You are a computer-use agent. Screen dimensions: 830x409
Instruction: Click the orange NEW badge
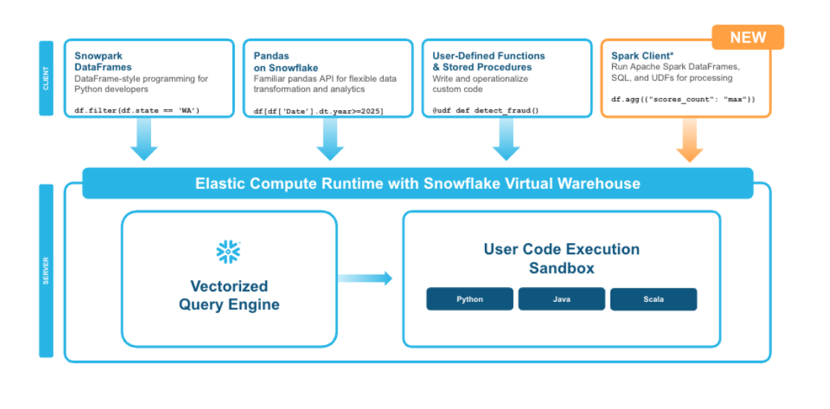[747, 37]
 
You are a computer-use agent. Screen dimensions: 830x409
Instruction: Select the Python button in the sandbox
[469, 299]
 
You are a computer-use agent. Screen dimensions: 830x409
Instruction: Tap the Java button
[561, 299]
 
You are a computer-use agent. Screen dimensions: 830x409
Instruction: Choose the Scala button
[653, 299]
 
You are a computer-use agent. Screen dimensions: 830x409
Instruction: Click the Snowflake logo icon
[228, 252]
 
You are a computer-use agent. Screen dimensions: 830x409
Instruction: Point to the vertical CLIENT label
[46, 78]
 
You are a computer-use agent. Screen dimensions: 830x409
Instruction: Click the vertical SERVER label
[46, 271]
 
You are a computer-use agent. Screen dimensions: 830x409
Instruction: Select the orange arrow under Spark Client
[689, 140]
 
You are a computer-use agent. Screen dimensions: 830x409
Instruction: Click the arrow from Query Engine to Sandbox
[364, 278]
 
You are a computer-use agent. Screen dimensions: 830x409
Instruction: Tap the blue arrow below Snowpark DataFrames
[144, 138]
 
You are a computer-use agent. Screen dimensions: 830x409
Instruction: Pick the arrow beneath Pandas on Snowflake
[329, 138]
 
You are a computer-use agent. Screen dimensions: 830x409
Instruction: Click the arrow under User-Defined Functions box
[506, 138]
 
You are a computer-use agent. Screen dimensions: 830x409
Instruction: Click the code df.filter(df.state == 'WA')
[137, 111]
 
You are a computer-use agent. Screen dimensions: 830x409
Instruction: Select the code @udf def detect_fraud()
[486, 111]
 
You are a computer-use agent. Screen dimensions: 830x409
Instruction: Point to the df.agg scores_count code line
[683, 99]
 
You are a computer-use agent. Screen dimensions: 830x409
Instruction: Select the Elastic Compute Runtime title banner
[418, 184]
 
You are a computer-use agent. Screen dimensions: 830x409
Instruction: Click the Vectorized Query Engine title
[228, 295]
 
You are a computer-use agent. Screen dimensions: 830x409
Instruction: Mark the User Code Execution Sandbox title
[562, 258]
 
